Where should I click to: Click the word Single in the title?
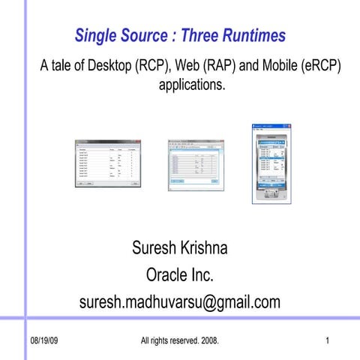(x=95, y=35)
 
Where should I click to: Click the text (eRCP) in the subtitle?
(x=321, y=65)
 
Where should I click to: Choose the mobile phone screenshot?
(x=271, y=163)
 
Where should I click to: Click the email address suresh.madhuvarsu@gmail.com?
(x=179, y=302)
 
